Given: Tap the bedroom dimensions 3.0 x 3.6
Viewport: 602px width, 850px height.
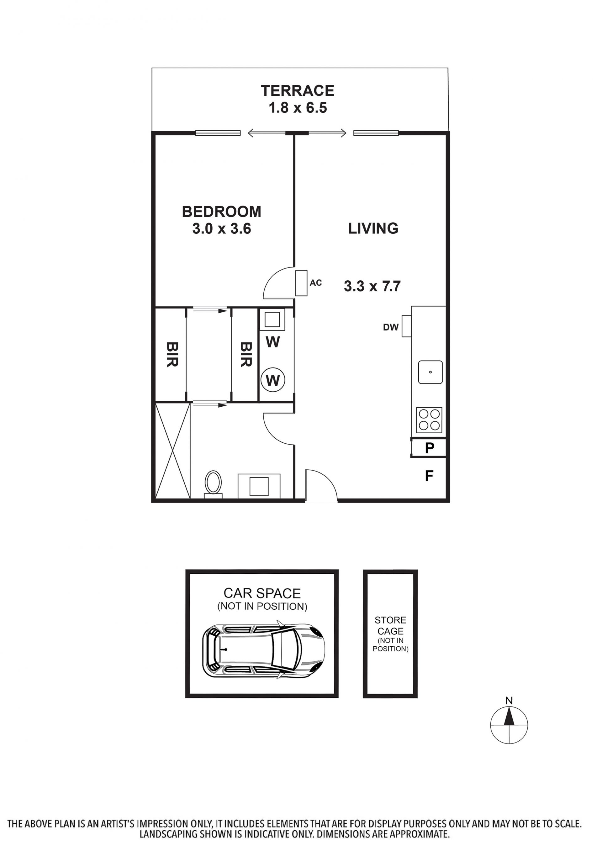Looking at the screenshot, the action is click(x=222, y=228).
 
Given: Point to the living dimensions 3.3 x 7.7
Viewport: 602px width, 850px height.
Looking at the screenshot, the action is click(x=372, y=286).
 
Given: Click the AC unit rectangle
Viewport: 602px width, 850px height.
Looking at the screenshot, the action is click(x=301, y=283).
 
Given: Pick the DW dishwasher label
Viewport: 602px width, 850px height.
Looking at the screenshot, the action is click(x=391, y=327).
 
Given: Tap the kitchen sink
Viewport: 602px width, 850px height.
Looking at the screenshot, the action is click(x=430, y=372).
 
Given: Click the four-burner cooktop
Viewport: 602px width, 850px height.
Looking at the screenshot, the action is click(x=429, y=420).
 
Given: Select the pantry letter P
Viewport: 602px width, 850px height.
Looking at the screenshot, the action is click(x=430, y=448).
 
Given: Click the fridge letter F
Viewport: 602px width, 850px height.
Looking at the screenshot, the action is click(x=429, y=476).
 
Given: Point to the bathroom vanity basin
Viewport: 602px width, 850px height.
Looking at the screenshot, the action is click(x=259, y=486).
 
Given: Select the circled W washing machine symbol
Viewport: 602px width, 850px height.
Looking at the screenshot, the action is click(x=273, y=380).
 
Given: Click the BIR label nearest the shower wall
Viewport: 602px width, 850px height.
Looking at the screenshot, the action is click(x=172, y=354).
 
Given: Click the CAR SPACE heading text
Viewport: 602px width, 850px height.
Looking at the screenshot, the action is click(x=262, y=593).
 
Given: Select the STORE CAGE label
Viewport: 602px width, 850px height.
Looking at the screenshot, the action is click(x=390, y=626).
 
